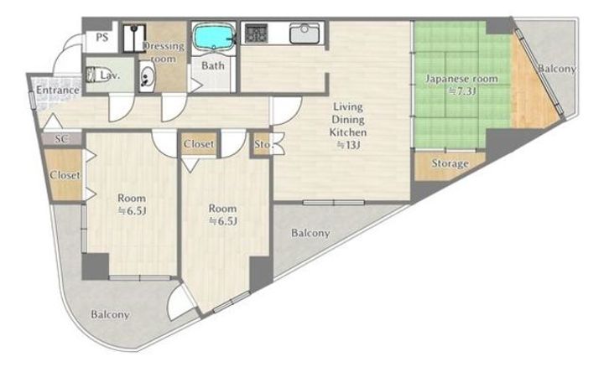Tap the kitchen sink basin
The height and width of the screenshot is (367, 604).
coord(305,33)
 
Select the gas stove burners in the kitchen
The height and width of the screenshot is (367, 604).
coord(256,33)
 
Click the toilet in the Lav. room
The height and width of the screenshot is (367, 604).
coord(92,75)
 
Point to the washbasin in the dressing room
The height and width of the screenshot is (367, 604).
coord(147,77)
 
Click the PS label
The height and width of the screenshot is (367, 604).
coord(102,38)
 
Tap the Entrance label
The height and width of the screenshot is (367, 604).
coord(57,90)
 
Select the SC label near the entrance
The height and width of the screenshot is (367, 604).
coord(61,139)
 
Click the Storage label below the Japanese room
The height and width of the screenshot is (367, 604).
coord(450,163)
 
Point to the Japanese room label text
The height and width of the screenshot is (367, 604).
coord(461,79)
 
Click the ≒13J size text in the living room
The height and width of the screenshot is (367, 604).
coord(348,146)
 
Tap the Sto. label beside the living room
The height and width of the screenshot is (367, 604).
coord(263,145)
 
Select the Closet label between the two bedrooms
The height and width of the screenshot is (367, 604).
coord(198,144)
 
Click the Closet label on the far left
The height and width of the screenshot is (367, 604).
coord(65,175)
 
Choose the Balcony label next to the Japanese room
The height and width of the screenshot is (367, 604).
coord(557,69)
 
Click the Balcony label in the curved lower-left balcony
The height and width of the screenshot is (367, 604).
coord(110,315)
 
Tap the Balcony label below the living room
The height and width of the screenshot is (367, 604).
coord(310,233)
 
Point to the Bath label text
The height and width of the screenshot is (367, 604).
coord(213,65)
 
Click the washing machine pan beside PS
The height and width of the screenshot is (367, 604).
coord(134,38)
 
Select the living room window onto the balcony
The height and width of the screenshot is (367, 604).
coord(334,202)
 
